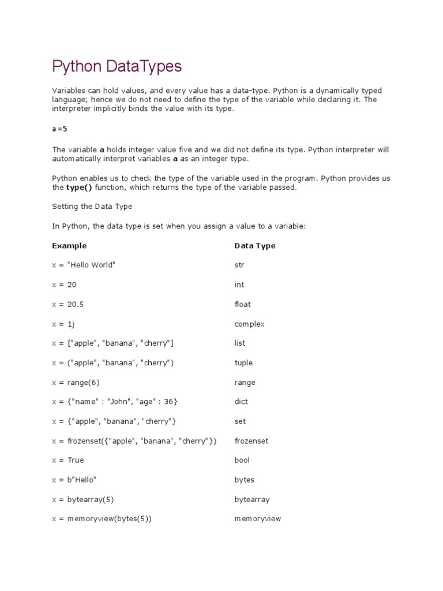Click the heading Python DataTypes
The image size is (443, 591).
click(x=117, y=67)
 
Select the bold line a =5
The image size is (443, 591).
click(x=60, y=129)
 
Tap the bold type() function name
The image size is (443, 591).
click(x=79, y=188)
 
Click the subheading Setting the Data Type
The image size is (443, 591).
click(x=92, y=207)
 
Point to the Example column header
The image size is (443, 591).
click(x=69, y=246)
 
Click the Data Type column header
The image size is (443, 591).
click(x=254, y=246)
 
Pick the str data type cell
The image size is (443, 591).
click(x=239, y=265)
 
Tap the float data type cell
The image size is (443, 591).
click(x=242, y=304)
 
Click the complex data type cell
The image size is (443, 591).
click(x=249, y=324)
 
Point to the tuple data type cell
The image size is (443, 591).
click(x=243, y=363)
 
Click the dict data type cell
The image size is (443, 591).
click(x=241, y=402)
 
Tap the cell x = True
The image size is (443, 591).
click(x=68, y=460)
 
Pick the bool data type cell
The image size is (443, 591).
click(x=242, y=460)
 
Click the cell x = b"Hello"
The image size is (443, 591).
click(x=74, y=480)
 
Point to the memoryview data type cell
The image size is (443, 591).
click(x=257, y=519)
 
